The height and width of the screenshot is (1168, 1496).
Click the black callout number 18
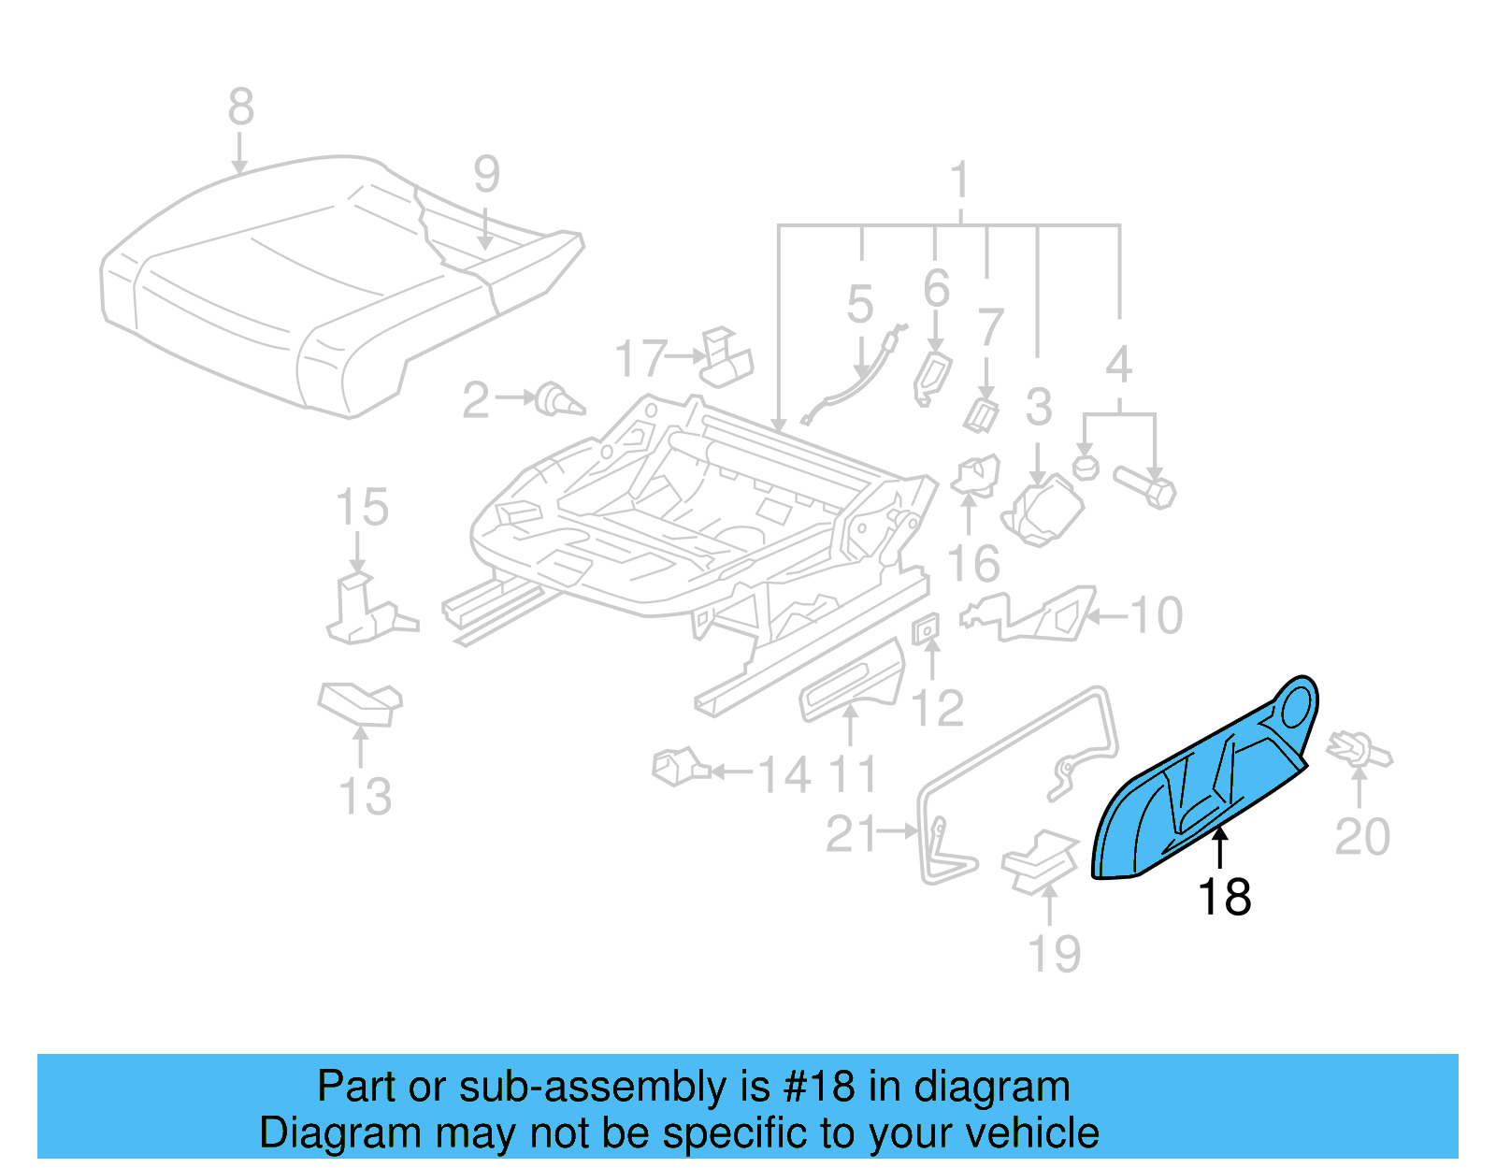point(1224,897)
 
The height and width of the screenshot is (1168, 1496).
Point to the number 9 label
point(486,174)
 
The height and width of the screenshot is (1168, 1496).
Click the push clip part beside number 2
point(559,400)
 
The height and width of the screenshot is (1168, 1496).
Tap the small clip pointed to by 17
point(726,358)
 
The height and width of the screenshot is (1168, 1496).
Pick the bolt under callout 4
point(1145,486)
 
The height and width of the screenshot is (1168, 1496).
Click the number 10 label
point(1157,615)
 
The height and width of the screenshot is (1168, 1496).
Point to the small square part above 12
point(926,630)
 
